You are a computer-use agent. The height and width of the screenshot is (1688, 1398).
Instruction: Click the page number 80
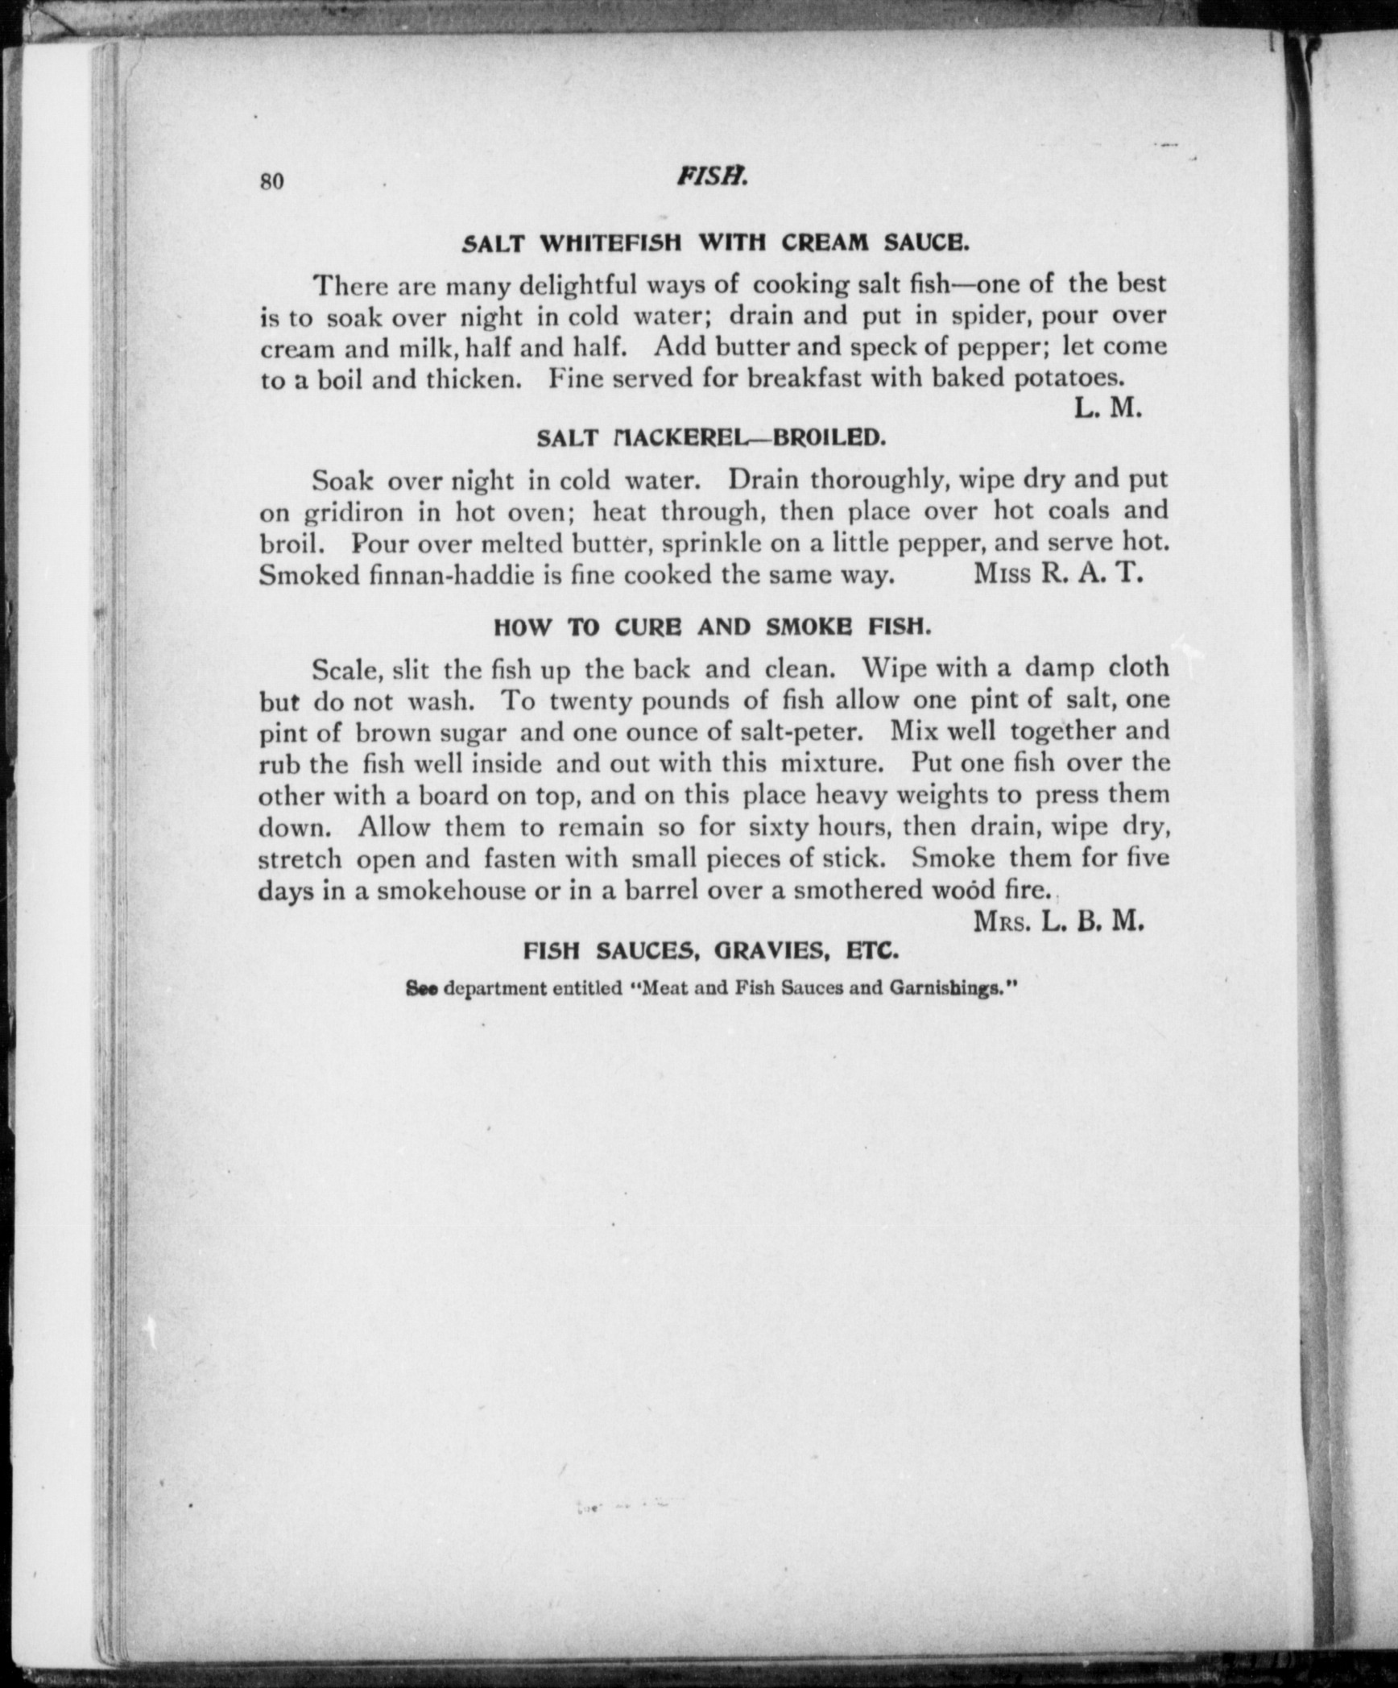(272, 181)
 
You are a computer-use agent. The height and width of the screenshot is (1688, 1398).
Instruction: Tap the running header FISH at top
(713, 176)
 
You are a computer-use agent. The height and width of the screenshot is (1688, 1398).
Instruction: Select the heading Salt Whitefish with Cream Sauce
(713, 242)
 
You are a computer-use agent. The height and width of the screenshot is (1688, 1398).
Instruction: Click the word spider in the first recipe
(988, 316)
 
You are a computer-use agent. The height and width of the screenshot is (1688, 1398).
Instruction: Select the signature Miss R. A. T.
(1058, 574)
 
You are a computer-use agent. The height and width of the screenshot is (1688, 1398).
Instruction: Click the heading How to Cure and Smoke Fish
(712, 627)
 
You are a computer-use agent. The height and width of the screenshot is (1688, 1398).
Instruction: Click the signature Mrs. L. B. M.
(1058, 921)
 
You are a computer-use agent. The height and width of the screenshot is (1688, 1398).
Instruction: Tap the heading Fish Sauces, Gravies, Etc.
(711, 951)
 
